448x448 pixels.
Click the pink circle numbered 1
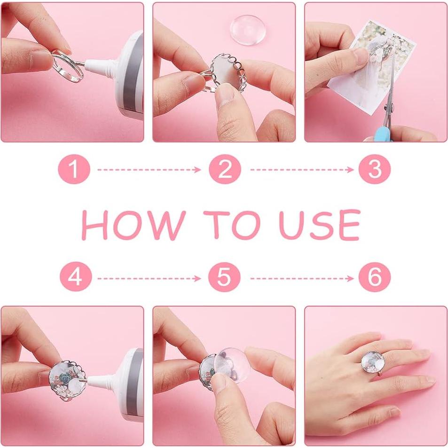74,169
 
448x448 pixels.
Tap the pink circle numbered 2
225,169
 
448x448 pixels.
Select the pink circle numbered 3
375,169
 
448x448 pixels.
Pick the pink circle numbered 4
76,276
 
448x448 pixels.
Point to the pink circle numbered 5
224,276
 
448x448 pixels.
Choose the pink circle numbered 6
375,276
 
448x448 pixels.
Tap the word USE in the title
319,225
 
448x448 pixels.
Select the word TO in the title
232,225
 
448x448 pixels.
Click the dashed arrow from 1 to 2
149,170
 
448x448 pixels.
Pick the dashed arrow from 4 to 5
149,278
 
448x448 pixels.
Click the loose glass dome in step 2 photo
248,30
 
